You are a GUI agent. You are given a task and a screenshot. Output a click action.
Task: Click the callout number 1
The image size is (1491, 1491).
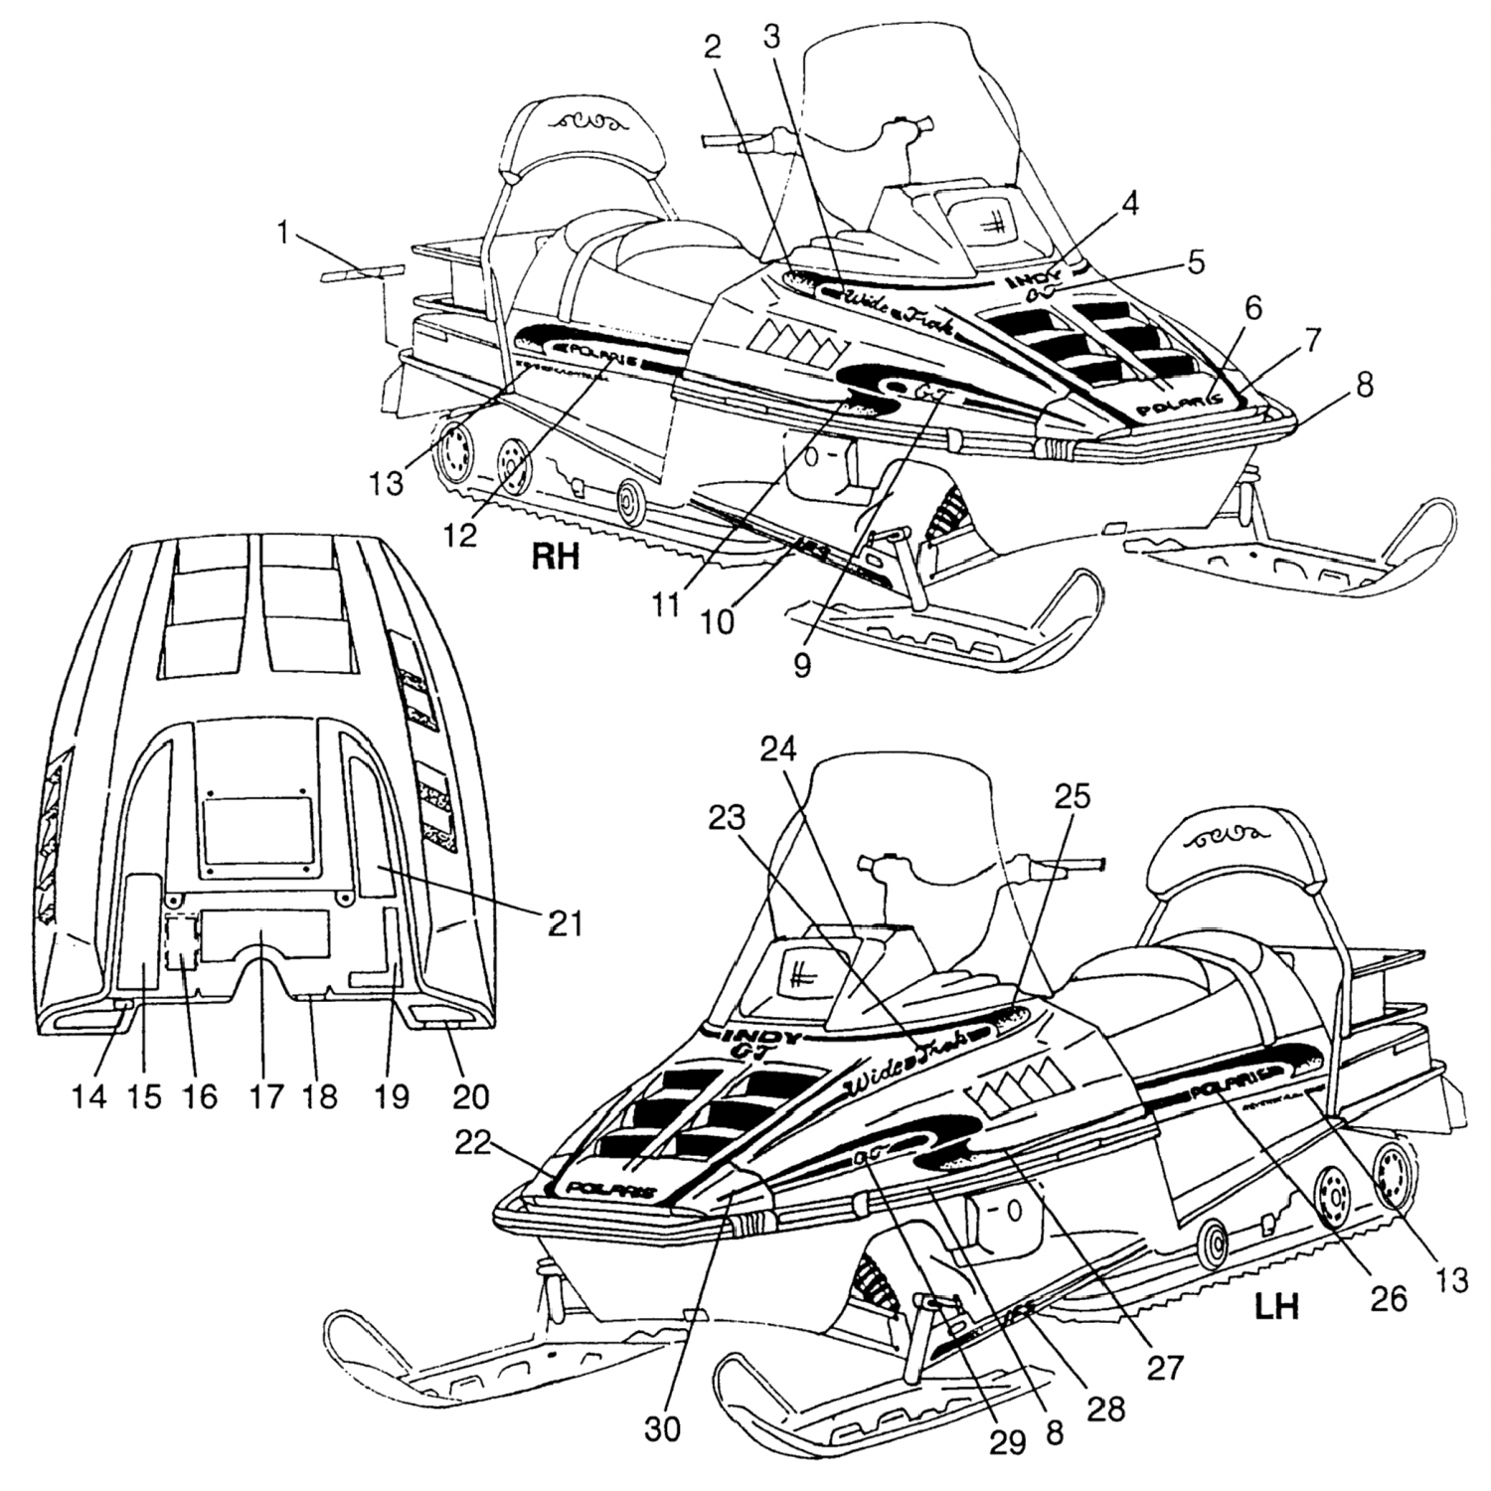tap(283, 235)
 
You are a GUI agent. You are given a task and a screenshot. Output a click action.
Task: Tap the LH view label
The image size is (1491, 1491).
tap(1277, 1305)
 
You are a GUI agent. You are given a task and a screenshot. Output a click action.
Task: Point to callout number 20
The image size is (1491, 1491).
tap(471, 1095)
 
